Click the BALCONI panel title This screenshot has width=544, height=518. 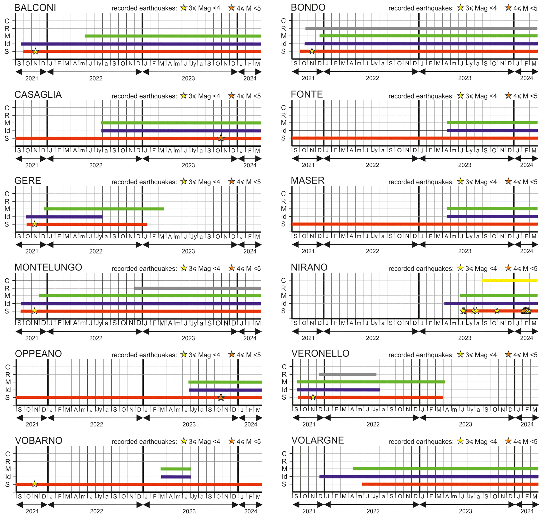pyautogui.click(x=35, y=8)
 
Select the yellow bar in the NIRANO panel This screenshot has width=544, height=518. pyautogui.click(x=510, y=280)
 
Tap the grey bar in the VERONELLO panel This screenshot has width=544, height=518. pyautogui.click(x=347, y=374)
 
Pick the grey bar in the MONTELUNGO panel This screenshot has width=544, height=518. pyautogui.click(x=198, y=288)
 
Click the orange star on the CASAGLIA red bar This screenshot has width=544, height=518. pyautogui.click(x=221, y=138)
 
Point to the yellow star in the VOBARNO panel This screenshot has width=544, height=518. pyautogui.click(x=34, y=484)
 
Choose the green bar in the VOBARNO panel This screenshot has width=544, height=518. pyautogui.click(x=176, y=469)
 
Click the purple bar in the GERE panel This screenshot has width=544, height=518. pyautogui.click(x=64, y=217)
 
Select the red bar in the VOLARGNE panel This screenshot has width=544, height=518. pyautogui.click(x=450, y=484)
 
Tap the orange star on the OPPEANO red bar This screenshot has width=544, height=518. pyautogui.click(x=221, y=398)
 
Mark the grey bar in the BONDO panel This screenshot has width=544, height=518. pyautogui.click(x=421, y=28)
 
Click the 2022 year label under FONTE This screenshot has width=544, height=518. pyautogui.click(x=372, y=165)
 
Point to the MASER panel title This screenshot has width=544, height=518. pyautogui.click(x=307, y=181)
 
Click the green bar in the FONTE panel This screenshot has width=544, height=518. pyautogui.click(x=492, y=123)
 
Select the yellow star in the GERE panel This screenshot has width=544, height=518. pyautogui.click(x=34, y=224)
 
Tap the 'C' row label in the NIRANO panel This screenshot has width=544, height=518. pyautogui.click(x=283, y=280)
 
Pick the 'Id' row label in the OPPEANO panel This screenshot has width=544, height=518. pyautogui.click(x=8, y=390)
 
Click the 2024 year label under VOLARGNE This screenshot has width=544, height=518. pyautogui.click(x=527, y=511)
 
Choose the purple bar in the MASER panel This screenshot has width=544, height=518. pyautogui.click(x=492, y=217)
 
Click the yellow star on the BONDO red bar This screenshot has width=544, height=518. pyautogui.click(x=312, y=51)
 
